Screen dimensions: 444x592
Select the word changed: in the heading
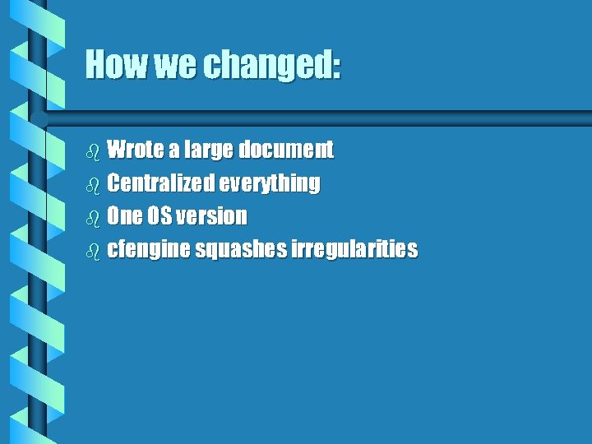tap(269, 66)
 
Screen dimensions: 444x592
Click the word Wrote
tap(136, 150)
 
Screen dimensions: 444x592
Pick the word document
tap(286, 150)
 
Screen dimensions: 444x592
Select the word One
tap(125, 216)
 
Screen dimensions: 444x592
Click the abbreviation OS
tap(161, 216)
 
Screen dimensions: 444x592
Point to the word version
tap(212, 216)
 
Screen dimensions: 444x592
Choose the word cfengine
tap(149, 250)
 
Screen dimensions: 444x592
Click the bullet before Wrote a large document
tap(92, 150)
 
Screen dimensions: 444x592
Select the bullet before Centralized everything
tap(92, 183)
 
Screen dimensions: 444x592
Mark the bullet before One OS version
tap(92, 217)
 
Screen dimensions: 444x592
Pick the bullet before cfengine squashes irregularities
tap(92, 250)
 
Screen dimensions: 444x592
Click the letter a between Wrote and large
tap(175, 151)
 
